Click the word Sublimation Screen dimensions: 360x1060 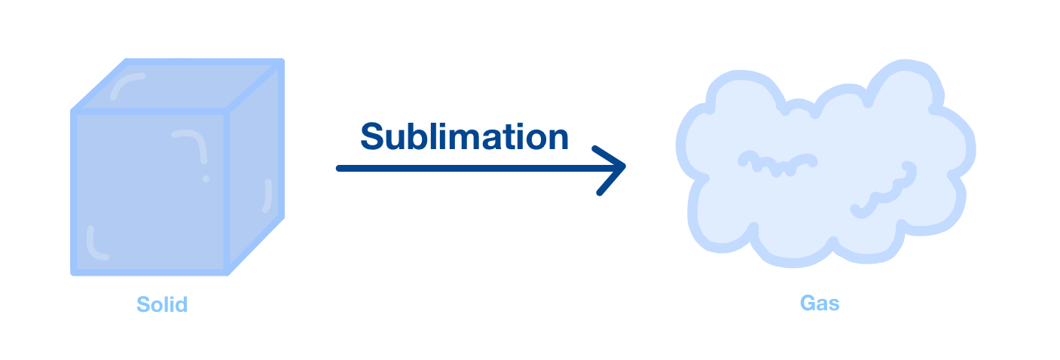[464, 136]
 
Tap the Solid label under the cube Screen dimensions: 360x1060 [161, 305]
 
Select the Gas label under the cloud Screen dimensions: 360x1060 [819, 304]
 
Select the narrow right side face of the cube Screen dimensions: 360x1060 [255, 173]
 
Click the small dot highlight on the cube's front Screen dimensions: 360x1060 [206, 178]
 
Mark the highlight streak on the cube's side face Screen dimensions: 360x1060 [267, 196]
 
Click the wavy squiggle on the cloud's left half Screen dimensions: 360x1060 [776, 163]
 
